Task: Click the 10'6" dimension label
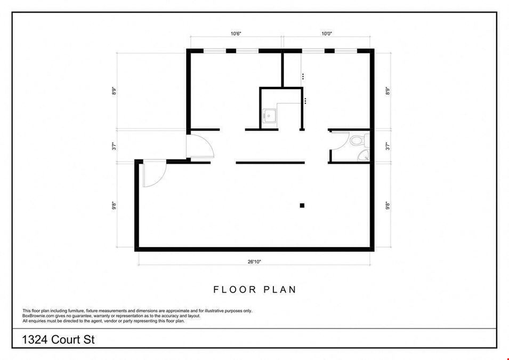(236, 34)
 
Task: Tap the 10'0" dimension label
(327, 34)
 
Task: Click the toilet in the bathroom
(360, 140)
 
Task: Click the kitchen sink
(269, 116)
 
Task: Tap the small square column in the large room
(302, 205)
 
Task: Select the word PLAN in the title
(280, 290)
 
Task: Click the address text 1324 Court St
(58, 340)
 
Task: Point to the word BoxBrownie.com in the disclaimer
(35, 316)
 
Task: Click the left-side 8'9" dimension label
(114, 91)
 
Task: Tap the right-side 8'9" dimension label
(387, 91)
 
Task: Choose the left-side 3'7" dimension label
(114, 146)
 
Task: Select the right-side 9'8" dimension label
(387, 206)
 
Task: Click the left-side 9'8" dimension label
(114, 206)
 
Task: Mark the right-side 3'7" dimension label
(387, 146)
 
